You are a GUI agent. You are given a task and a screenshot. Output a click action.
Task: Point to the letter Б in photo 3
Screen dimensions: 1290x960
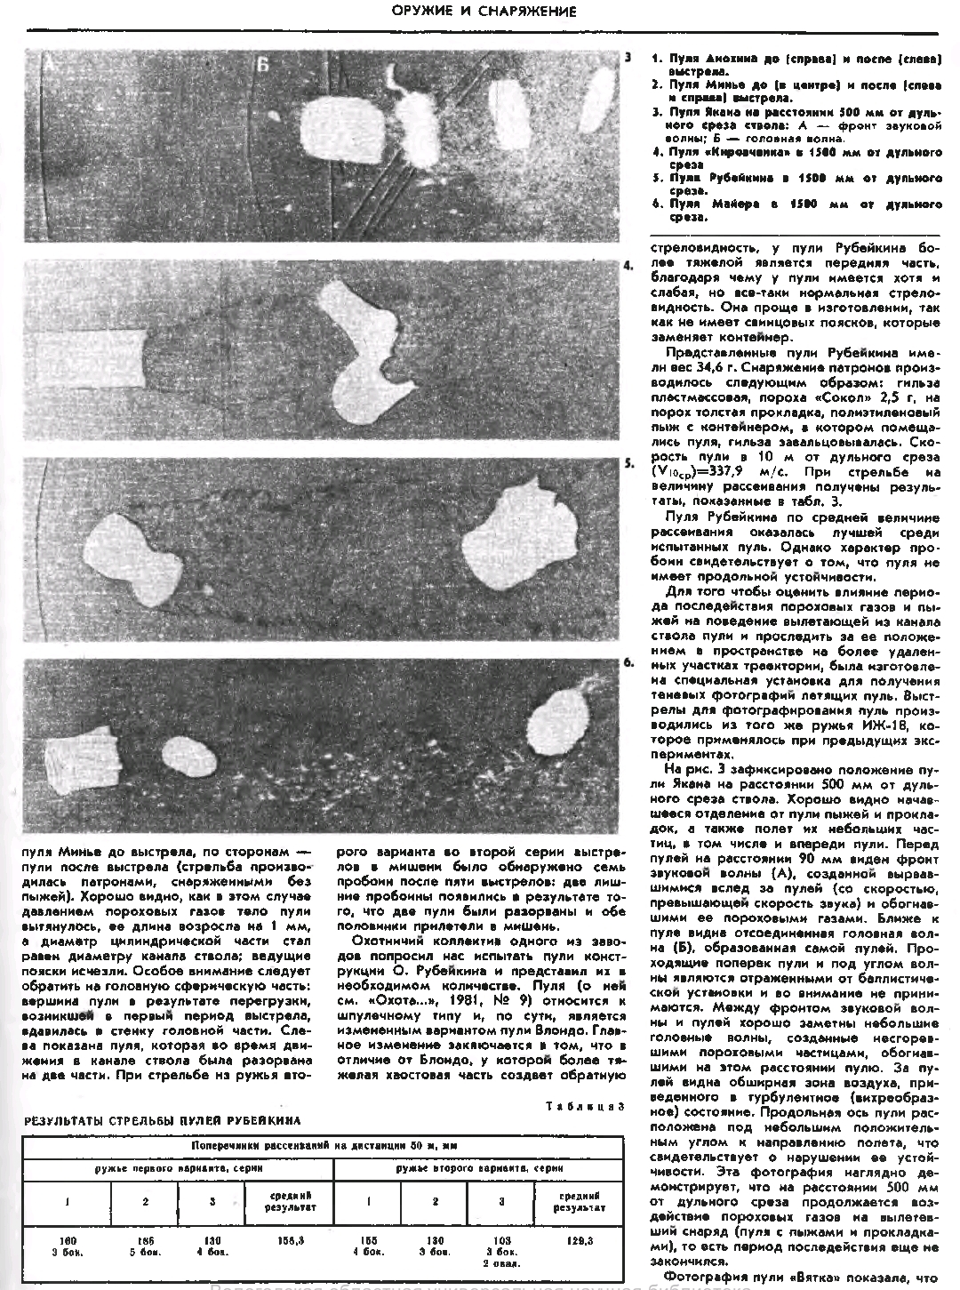tap(262, 64)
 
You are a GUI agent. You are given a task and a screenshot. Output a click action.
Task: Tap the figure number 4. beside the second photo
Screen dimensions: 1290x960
tap(628, 266)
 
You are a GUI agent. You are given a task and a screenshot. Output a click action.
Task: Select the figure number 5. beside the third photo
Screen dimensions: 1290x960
tap(628, 464)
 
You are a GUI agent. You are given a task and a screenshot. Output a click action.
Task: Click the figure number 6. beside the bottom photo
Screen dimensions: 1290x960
tap(628, 663)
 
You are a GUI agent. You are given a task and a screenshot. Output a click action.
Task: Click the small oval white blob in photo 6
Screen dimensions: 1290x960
tap(191, 756)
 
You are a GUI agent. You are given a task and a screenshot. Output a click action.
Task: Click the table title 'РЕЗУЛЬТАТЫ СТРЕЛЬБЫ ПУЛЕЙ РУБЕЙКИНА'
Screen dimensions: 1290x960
tap(163, 1121)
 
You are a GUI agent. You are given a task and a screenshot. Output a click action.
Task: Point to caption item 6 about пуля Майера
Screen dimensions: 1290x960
tap(796, 209)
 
